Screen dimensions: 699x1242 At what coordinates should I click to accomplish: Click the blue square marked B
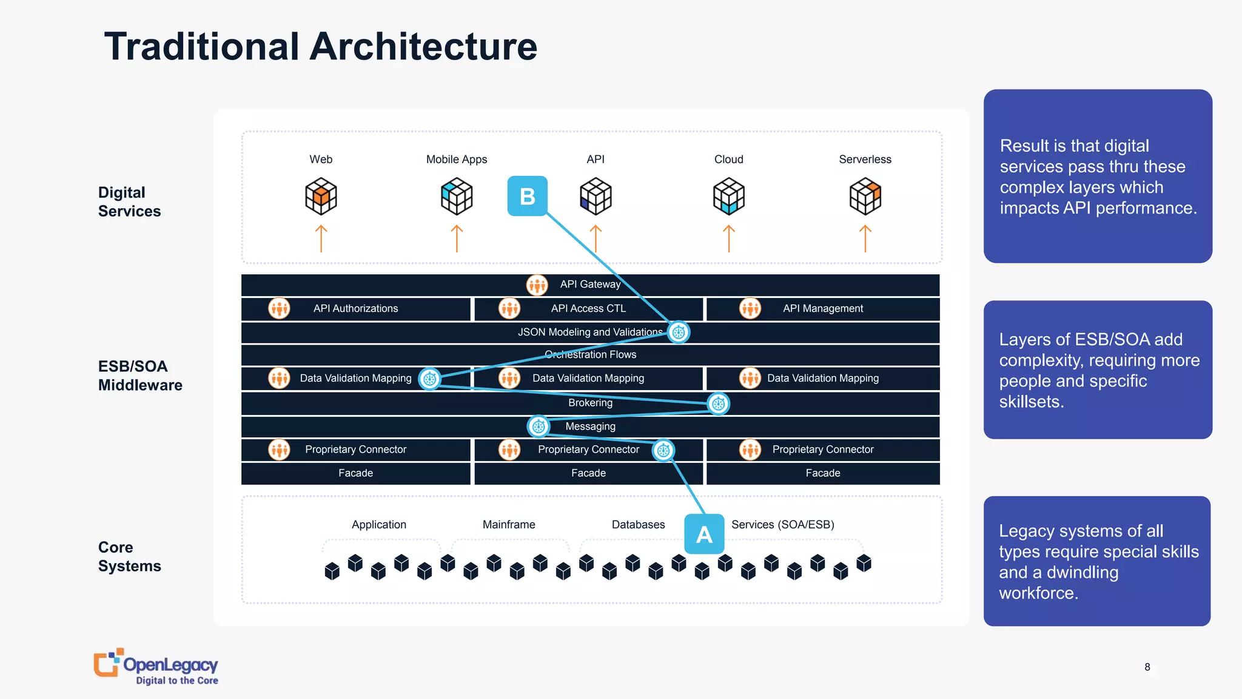click(x=527, y=196)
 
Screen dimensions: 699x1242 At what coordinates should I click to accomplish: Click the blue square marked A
click(x=704, y=534)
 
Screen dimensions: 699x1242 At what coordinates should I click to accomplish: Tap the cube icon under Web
click(x=321, y=196)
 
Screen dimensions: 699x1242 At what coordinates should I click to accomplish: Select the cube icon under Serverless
click(x=865, y=196)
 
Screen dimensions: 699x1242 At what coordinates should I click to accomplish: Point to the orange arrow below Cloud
click(x=729, y=238)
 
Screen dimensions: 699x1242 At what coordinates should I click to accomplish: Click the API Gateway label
click(x=590, y=284)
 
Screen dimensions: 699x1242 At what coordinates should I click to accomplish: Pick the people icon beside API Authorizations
click(x=279, y=308)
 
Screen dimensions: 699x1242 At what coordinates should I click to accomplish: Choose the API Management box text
click(x=822, y=308)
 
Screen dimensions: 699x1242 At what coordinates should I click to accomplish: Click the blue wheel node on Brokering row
click(x=718, y=404)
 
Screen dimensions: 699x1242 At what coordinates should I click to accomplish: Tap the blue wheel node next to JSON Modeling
click(x=679, y=332)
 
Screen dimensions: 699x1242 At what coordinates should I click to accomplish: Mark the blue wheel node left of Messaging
click(x=539, y=427)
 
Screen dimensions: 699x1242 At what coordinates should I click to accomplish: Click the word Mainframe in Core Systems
click(x=509, y=524)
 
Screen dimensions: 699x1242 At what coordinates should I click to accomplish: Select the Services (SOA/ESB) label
click(x=782, y=524)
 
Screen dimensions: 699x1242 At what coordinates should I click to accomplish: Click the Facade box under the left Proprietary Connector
click(x=355, y=473)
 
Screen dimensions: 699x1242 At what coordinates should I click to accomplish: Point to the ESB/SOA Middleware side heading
click(x=139, y=376)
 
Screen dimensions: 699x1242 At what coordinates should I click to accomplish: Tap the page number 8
click(x=1147, y=667)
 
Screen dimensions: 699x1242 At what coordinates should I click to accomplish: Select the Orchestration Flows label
click(x=590, y=354)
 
